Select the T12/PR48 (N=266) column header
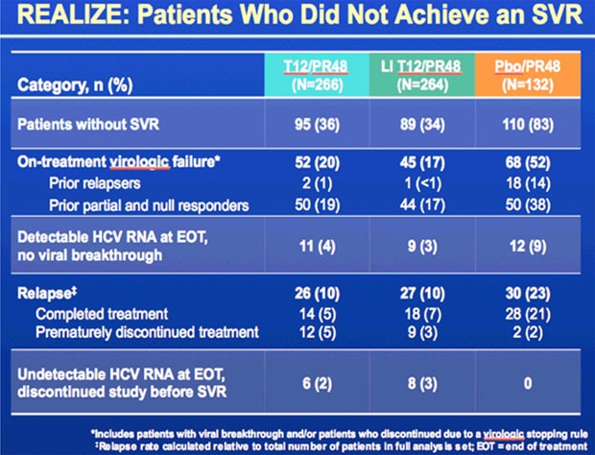click(317, 75)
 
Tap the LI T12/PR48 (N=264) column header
click(422, 75)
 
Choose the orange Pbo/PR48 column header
click(528, 75)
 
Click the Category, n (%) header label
click(75, 85)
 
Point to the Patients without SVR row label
click(88, 125)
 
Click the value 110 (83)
click(528, 125)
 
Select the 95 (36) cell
click(317, 125)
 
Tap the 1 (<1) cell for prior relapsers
click(422, 183)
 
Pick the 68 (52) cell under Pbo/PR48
click(528, 163)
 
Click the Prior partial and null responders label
click(149, 205)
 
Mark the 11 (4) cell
click(318, 247)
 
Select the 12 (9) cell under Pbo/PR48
click(528, 247)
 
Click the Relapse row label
click(47, 294)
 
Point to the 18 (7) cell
click(422, 314)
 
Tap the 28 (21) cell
click(528, 314)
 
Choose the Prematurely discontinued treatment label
click(147, 332)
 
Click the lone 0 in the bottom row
click(528, 384)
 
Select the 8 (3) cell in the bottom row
click(422, 384)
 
